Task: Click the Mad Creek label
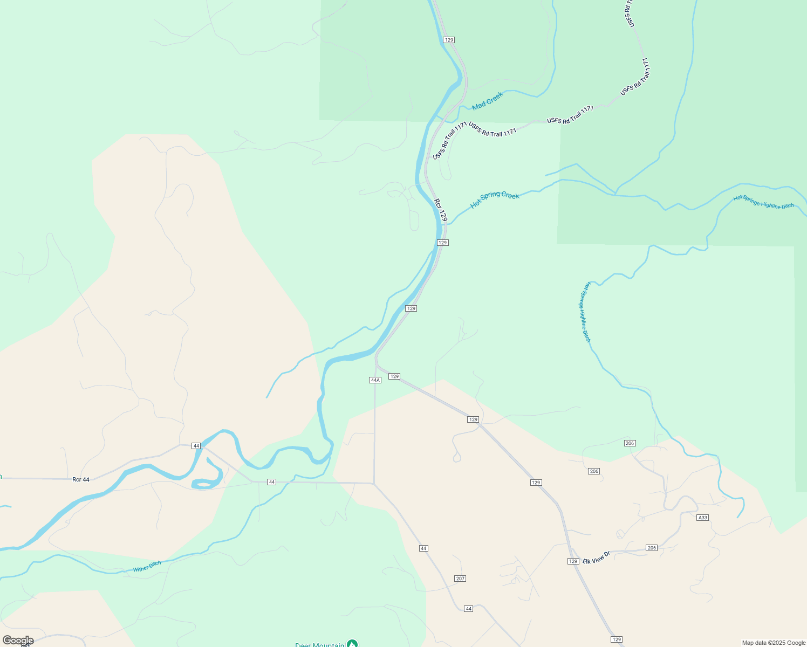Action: [488, 101]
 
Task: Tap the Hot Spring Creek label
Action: [495, 198]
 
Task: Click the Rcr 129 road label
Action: [441, 210]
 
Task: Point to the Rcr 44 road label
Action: [81, 479]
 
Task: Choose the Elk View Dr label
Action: [596, 557]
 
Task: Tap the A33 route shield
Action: [702, 518]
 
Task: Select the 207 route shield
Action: [460, 579]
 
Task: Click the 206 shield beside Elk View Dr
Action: [652, 548]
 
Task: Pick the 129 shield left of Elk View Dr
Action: [573, 561]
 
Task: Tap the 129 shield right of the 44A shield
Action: [394, 376]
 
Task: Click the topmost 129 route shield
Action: [449, 40]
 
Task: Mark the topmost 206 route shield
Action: [630, 443]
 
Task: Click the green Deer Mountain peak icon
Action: [352, 644]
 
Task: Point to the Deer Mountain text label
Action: [319, 644]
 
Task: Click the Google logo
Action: [18, 641]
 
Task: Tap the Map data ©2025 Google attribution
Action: [774, 643]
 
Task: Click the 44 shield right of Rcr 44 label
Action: [196, 446]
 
